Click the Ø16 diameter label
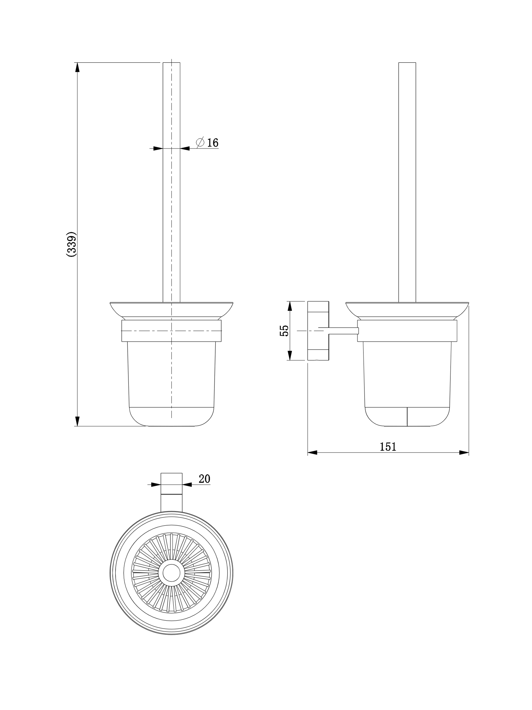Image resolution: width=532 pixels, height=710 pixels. point(207,142)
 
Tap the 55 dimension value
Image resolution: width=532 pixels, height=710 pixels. point(284,331)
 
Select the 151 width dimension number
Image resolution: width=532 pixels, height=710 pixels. point(388,446)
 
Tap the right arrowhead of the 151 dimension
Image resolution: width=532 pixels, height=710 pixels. point(464,453)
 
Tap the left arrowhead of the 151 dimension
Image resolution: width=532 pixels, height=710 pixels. point(313,453)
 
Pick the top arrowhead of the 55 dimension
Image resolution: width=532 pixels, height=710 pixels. point(290,306)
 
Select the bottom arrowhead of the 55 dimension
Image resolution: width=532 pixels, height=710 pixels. point(290,356)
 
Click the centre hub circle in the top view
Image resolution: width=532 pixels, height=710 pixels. point(172,573)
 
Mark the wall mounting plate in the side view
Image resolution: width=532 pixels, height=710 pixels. point(318,331)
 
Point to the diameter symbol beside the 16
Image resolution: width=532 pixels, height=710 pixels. point(200,142)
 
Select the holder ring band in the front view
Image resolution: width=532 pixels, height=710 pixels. point(172,331)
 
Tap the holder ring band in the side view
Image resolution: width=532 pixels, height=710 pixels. point(407,331)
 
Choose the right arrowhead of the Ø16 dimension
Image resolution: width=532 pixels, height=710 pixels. point(185,148)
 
